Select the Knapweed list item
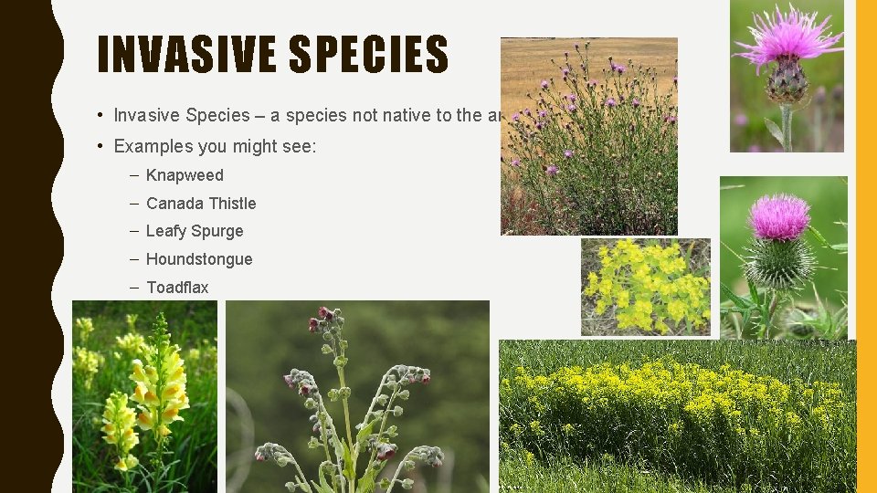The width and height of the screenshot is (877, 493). point(185,175)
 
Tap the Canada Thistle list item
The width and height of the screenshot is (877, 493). point(201,204)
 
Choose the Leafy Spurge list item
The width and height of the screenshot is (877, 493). point(195,232)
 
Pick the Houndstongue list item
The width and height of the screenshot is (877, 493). point(199,259)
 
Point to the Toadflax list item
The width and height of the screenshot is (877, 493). point(177,288)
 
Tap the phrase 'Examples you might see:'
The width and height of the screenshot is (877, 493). point(215,146)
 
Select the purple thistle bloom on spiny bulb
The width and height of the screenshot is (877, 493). point(778,216)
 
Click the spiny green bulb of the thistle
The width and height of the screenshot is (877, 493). point(777,262)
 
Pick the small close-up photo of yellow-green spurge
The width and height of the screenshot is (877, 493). point(645,287)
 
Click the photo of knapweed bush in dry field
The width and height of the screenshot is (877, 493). point(588,136)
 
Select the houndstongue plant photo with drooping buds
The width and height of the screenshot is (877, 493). point(357,397)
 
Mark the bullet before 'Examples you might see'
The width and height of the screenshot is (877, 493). point(99,146)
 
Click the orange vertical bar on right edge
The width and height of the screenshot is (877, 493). point(865,246)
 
